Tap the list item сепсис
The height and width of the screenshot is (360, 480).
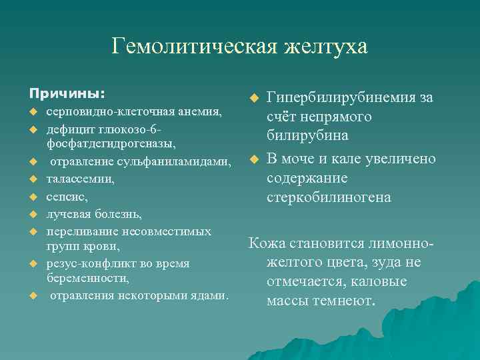[x=67, y=197]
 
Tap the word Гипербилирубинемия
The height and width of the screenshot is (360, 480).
[x=341, y=99]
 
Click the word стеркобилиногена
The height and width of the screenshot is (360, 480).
[x=329, y=198]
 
